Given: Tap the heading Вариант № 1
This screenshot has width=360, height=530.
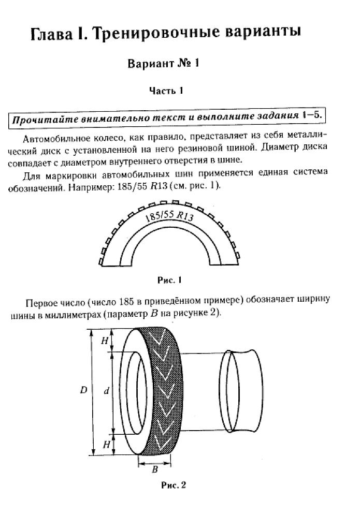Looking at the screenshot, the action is click(x=163, y=63).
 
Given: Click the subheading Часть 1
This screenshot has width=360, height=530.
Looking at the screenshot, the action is click(x=166, y=91).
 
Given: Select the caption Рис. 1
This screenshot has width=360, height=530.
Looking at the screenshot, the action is click(x=169, y=280).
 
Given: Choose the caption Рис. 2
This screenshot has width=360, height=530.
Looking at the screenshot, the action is click(x=174, y=485).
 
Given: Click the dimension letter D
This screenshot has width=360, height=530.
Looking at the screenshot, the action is click(x=83, y=390).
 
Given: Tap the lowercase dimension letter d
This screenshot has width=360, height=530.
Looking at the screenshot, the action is click(x=107, y=391).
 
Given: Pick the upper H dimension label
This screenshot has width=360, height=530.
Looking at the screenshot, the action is click(x=105, y=341).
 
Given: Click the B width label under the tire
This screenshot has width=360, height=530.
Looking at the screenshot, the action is click(x=155, y=469).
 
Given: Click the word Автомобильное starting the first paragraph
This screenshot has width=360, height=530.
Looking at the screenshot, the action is click(x=57, y=139).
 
